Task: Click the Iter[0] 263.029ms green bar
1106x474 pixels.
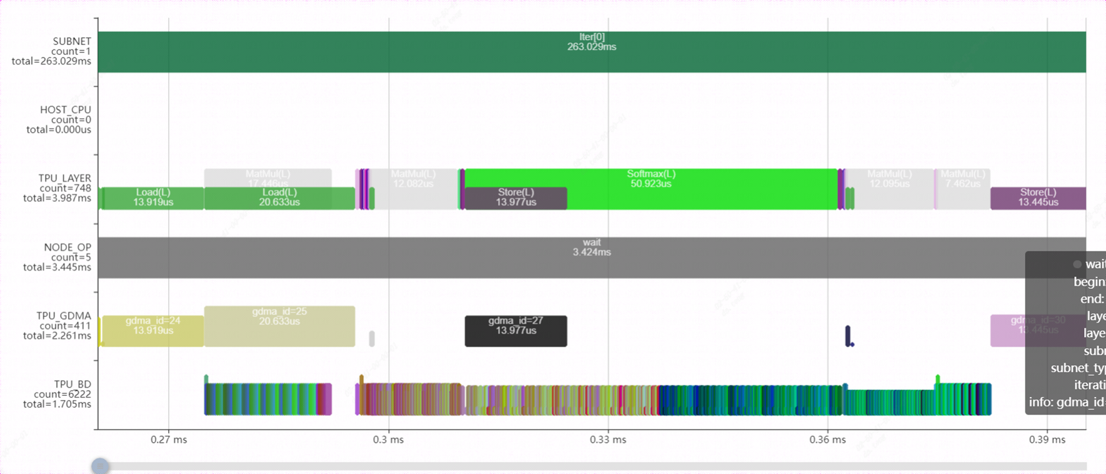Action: (591, 52)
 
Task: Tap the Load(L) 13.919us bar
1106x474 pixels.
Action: (152, 198)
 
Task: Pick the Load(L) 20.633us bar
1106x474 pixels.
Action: (279, 198)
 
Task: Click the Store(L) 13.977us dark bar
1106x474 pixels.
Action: (516, 198)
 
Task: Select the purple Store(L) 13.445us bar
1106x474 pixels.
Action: (1037, 198)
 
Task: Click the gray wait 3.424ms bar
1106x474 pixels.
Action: (591, 257)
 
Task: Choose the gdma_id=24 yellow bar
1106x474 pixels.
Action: (152, 331)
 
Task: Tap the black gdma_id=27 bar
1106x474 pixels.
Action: (516, 331)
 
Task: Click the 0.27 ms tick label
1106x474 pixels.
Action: (169, 440)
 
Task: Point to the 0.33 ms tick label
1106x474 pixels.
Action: (608, 440)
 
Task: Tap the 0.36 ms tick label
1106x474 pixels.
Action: (827, 440)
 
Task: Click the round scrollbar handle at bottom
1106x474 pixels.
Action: (100, 466)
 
